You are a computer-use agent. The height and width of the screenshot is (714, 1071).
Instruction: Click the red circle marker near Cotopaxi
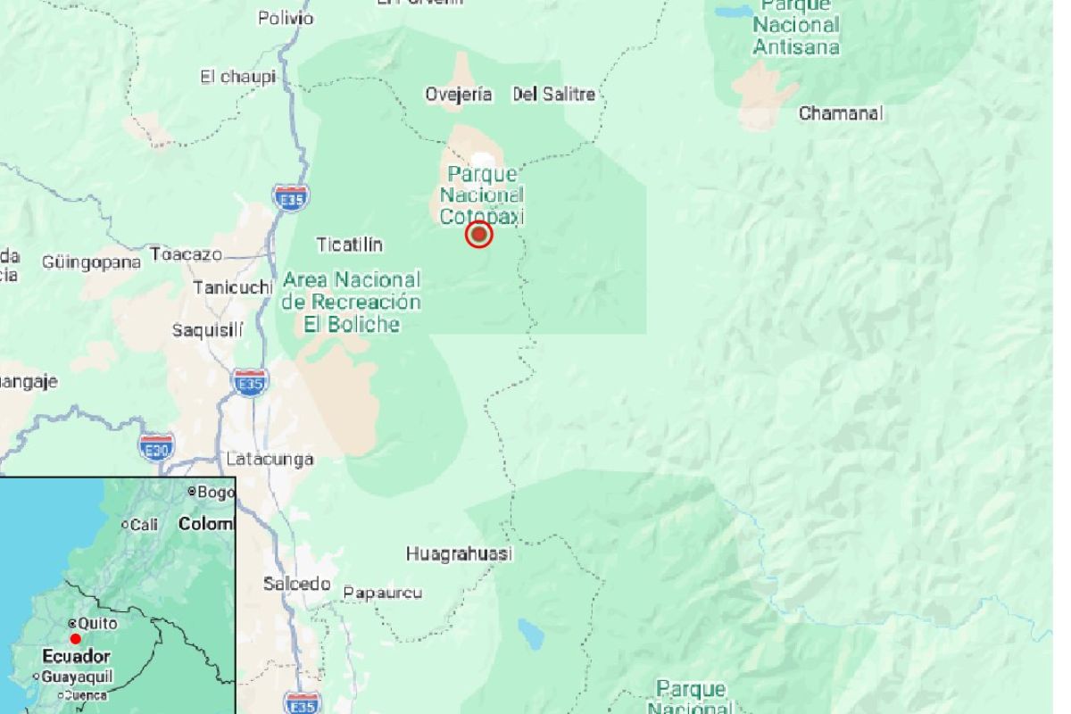coord(479,235)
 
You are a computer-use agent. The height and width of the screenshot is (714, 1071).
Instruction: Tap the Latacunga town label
coord(270,460)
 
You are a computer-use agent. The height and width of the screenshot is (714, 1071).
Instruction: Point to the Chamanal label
coord(840,113)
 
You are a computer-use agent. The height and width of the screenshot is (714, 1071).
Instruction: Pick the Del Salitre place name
coord(553,95)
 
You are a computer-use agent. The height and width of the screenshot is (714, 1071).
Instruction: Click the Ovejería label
coord(459,95)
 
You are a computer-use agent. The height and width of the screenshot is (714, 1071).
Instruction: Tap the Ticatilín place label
coord(350,244)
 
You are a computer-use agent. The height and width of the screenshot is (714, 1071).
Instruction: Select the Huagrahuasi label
coord(459,554)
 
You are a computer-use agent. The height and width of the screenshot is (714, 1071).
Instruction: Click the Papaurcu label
coord(383,593)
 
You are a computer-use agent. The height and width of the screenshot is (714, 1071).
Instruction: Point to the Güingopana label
coord(91,262)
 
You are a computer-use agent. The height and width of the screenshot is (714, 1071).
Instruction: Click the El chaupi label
coord(237,77)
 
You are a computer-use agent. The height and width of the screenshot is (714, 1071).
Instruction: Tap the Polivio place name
coord(286,18)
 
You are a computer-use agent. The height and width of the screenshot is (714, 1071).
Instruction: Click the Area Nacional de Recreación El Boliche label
coord(351,302)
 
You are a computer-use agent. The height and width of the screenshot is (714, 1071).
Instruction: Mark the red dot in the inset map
coord(76,639)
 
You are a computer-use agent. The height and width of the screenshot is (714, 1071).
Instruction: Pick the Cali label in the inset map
coord(143,525)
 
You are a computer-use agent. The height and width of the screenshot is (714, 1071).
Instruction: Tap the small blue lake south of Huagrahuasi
coord(531,635)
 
